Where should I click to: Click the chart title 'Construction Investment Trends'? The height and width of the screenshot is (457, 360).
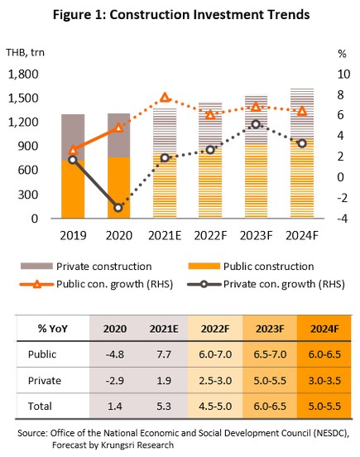point(209,14)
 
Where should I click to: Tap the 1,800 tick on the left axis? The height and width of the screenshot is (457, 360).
point(23,75)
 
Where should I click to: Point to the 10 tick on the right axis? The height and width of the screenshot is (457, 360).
point(343,74)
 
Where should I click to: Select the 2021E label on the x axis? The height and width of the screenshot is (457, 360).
point(165,235)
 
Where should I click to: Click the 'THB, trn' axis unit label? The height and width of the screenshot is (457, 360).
point(26,52)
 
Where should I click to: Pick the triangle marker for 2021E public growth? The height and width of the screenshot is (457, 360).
point(165,97)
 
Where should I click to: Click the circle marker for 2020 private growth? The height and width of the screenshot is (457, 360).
point(118,208)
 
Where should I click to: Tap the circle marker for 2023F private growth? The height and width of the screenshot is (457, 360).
point(256,124)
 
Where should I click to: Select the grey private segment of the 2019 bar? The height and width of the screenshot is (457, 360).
point(73,137)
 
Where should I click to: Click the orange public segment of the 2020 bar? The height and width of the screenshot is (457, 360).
point(118,188)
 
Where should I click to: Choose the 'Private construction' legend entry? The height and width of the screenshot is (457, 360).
point(86,267)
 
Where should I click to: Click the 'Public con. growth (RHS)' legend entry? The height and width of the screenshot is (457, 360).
point(96,284)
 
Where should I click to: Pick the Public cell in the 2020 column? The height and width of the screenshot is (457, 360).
point(115,354)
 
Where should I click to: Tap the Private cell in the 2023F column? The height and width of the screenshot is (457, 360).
point(270,381)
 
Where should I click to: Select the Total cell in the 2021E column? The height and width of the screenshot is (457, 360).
point(164,406)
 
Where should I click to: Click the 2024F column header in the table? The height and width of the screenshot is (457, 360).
point(324,329)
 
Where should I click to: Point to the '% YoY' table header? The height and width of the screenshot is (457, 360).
point(53,329)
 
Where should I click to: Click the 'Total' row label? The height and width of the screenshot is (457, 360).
point(40,406)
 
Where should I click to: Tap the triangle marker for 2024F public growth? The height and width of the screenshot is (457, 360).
point(302,111)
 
